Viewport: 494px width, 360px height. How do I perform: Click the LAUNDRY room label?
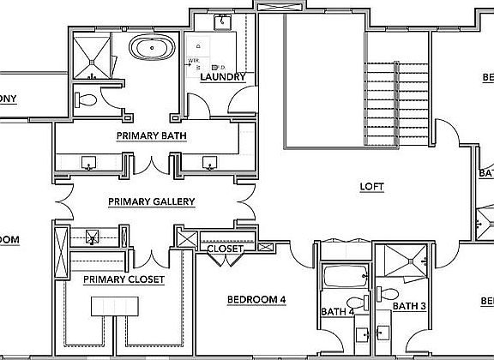pos(222,77)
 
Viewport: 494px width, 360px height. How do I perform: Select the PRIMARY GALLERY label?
pos(152,202)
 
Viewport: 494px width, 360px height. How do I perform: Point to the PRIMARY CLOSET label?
pos(123,279)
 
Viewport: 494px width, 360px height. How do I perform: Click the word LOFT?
pos(371,187)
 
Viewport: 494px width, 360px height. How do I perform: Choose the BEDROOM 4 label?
pos(256,299)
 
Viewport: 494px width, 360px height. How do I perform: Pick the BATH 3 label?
pos(409,305)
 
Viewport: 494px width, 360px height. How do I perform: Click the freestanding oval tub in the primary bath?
pos(149,48)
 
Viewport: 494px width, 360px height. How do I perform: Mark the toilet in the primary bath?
pos(86,99)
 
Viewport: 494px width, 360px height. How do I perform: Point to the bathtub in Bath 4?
pos(345,277)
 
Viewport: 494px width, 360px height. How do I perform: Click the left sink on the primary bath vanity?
pos(90,162)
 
